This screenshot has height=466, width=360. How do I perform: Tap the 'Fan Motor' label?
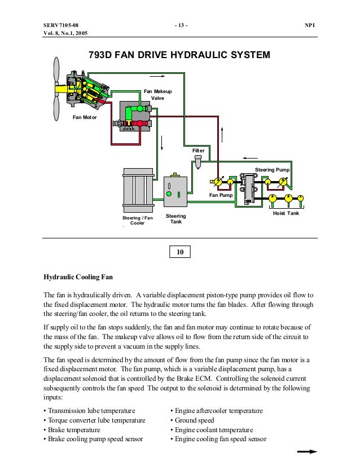pos(85,117)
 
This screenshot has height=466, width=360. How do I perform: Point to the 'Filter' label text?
pos(198,151)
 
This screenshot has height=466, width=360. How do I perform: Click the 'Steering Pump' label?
pos(272,169)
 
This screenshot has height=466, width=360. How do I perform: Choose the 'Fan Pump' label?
pos(221,195)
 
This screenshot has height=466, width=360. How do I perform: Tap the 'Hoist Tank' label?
pos(286,213)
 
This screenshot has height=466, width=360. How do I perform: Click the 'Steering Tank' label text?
pos(175,219)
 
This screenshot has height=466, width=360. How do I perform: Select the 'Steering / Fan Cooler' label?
pos(137,220)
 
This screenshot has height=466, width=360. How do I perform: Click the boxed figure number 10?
pos(180,251)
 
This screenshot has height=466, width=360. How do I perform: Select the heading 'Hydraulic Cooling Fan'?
pos(78,277)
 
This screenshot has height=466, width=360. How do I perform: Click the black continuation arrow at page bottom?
pos(307,451)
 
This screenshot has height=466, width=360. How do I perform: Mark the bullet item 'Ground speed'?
pos(194,420)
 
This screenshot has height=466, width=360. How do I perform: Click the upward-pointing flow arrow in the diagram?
pos(222,135)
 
